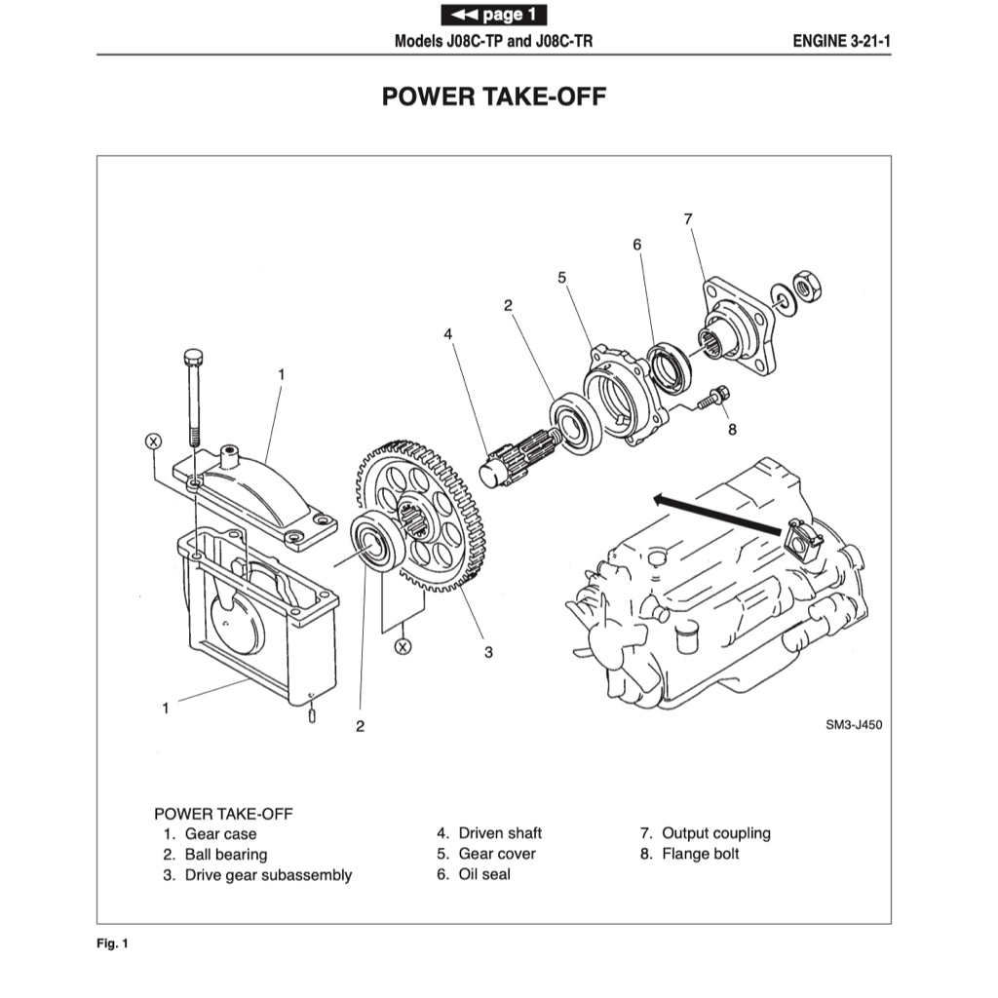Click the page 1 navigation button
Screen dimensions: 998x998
pyautogui.click(x=493, y=15)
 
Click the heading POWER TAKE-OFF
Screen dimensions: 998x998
pyautogui.click(x=493, y=96)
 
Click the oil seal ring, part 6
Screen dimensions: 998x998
pyautogui.click(x=670, y=366)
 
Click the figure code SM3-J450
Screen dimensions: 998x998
pyautogui.click(x=853, y=725)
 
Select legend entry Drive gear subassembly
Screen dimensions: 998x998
pyautogui.click(x=268, y=875)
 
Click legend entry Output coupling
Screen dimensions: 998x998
pyautogui.click(x=715, y=833)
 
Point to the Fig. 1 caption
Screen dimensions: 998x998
pyautogui.click(x=112, y=943)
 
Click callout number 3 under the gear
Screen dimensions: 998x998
pyautogui.click(x=488, y=652)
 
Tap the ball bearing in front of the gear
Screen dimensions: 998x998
pyautogui.click(x=374, y=541)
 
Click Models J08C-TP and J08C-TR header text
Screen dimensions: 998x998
pyautogui.click(x=493, y=42)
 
